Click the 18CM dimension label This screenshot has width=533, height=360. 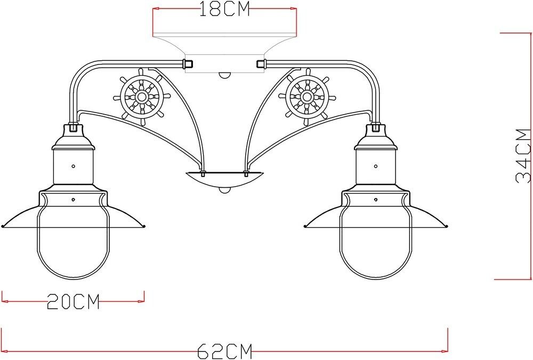point(224,10)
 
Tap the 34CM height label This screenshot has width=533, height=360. point(523,156)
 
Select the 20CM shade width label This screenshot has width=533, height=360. point(73,302)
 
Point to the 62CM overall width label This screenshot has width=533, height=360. point(224,351)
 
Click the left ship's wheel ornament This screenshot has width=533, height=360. point(142,97)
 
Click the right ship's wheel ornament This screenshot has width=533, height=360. point(306,97)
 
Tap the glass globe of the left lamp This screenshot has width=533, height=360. point(73,245)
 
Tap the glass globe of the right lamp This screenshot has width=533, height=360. point(376,245)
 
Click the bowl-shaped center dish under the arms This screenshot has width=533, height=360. point(224,179)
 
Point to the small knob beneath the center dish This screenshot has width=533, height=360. point(224,190)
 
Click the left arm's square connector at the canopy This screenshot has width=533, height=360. point(187,64)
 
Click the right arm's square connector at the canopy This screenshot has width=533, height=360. point(261,64)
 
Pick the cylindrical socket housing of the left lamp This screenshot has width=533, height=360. point(73,166)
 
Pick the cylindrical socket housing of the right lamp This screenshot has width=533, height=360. point(376,166)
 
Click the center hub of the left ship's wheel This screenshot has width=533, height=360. point(142,97)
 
